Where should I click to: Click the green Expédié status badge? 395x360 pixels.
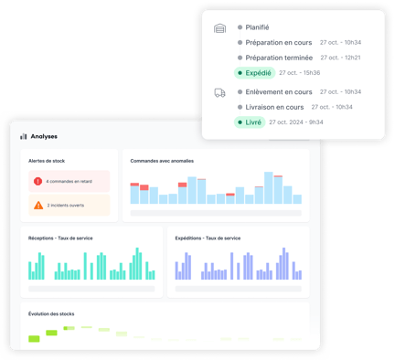coord(253,72)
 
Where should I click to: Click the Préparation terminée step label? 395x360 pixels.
coord(278,58)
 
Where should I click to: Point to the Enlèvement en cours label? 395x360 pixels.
coord(278,91)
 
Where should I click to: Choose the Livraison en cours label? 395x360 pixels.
coord(275,107)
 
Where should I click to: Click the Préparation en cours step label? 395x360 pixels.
coord(277,42)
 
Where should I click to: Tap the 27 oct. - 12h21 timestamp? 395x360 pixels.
coord(340,58)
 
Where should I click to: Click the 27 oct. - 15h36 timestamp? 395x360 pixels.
coord(299,72)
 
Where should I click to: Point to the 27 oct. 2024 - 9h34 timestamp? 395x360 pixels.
coord(304,122)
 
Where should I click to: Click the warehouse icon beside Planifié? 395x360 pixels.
coord(219,28)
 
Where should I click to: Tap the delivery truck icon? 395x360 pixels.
coord(219,92)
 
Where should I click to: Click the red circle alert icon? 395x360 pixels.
coord(38,181)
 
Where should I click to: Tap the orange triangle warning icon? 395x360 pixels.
coord(38,206)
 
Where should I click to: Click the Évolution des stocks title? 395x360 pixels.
coord(54,314)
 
